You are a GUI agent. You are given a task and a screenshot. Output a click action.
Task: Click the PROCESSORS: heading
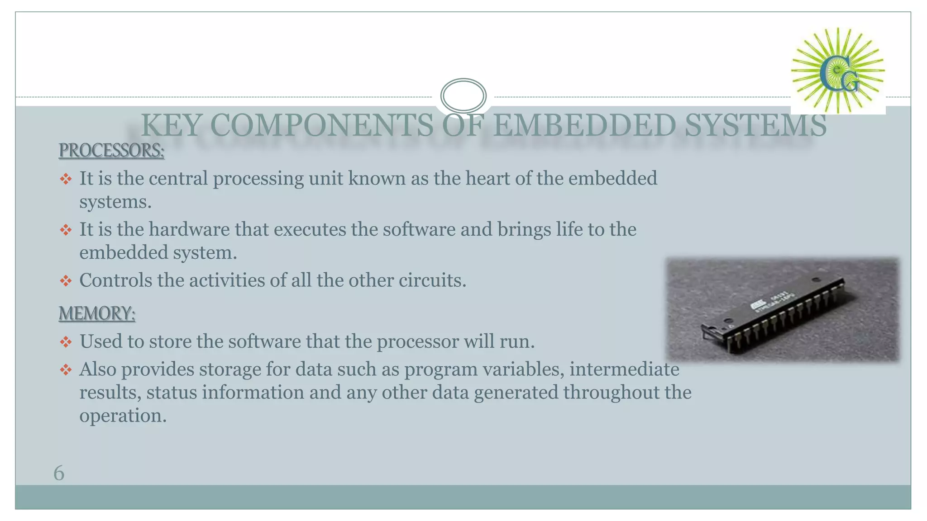(x=111, y=151)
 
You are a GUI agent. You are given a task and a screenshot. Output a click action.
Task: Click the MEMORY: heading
(x=97, y=313)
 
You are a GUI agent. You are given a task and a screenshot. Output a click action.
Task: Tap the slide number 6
(x=59, y=473)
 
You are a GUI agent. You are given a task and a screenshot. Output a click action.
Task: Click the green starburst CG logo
(x=838, y=71)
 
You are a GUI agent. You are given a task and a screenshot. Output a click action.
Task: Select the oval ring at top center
(x=463, y=95)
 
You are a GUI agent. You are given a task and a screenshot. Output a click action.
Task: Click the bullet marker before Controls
(x=66, y=281)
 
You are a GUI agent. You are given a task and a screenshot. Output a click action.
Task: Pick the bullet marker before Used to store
(x=66, y=342)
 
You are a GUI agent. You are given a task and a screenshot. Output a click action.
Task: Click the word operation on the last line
(x=123, y=416)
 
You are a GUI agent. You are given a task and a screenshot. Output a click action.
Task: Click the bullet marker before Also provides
(x=66, y=370)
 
